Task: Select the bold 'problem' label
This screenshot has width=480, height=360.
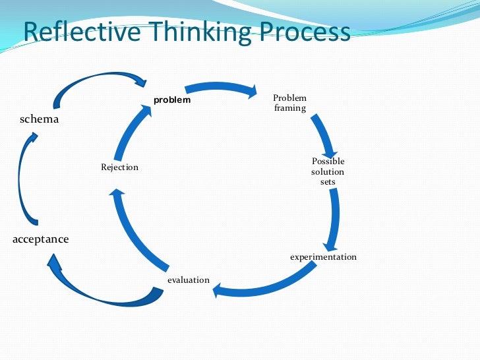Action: (x=172, y=100)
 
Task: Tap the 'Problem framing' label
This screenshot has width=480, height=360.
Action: (x=290, y=103)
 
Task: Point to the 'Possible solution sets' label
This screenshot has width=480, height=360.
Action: (x=328, y=171)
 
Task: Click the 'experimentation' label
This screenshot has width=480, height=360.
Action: (x=323, y=256)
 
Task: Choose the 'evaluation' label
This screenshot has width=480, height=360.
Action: (x=188, y=280)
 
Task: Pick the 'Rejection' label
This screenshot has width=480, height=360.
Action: (x=119, y=167)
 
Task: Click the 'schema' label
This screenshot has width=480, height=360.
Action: (x=39, y=119)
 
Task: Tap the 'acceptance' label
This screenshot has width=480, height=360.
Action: (x=40, y=239)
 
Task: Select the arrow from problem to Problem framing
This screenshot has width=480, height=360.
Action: (x=221, y=88)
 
